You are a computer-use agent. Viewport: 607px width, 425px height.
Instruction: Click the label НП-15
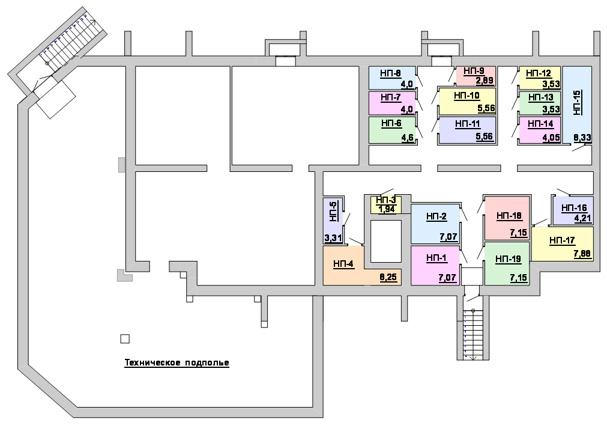click(x=577, y=103)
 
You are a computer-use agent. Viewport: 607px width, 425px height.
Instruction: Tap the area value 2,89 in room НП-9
click(x=485, y=81)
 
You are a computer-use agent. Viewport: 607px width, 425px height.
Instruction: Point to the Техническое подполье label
click(x=177, y=363)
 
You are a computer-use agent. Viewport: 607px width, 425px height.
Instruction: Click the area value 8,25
click(x=388, y=277)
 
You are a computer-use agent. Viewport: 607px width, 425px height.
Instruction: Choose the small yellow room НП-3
click(x=385, y=204)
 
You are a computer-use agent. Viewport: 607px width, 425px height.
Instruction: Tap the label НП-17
click(x=562, y=240)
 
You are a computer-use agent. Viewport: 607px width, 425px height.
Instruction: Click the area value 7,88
click(x=582, y=254)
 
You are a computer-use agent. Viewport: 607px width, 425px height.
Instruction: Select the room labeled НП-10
click(x=467, y=101)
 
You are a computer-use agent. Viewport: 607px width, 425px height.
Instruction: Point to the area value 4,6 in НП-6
click(x=408, y=138)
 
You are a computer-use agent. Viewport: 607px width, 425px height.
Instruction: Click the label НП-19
click(x=509, y=259)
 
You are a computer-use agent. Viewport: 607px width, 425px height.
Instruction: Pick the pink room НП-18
click(x=507, y=218)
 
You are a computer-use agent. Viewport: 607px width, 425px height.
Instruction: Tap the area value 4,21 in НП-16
click(x=582, y=218)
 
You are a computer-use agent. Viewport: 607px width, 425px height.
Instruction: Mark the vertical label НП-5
click(x=333, y=211)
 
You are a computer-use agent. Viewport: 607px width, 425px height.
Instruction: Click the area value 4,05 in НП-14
click(x=551, y=138)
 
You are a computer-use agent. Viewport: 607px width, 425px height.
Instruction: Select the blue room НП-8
click(x=392, y=78)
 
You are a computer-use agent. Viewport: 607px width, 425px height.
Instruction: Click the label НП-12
click(x=539, y=73)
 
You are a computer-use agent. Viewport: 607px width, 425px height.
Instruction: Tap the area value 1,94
click(x=386, y=209)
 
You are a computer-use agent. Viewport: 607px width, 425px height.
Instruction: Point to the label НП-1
click(x=436, y=258)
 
